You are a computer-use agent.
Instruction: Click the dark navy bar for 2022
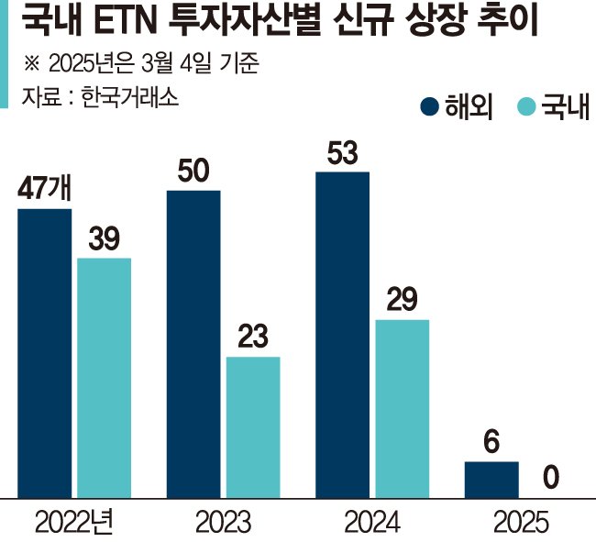[x=44, y=353]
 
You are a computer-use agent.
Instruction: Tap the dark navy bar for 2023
[x=193, y=344]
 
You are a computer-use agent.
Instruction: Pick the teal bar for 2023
[x=253, y=427]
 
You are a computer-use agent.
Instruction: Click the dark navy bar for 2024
[x=342, y=335]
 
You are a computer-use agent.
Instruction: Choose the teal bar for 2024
[x=402, y=409]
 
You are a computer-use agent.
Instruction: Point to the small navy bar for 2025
[x=491, y=480]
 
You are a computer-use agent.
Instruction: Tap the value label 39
[x=104, y=239]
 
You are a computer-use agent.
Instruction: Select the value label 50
[x=193, y=172]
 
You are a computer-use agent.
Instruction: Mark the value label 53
[x=342, y=153]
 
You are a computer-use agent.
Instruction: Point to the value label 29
[x=402, y=301]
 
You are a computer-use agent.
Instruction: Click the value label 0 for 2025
[x=551, y=478]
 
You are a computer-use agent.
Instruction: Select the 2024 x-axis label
[x=371, y=523]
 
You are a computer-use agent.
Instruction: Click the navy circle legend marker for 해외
[x=429, y=107]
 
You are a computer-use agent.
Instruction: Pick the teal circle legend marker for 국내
[x=524, y=107]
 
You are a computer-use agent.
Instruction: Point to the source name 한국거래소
[x=127, y=97]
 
